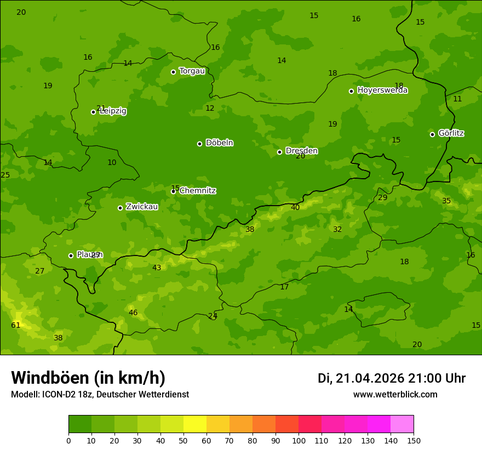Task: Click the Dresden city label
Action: [x=301, y=151]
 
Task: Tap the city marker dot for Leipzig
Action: [x=93, y=112]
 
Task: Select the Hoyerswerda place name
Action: [x=382, y=90]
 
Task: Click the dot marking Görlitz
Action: [x=432, y=134]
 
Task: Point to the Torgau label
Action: [x=192, y=71]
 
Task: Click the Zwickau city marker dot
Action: [x=120, y=208]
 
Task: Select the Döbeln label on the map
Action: [x=219, y=143]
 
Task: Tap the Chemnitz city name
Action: [x=197, y=191]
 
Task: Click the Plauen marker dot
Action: [x=71, y=255]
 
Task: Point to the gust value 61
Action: [x=16, y=326]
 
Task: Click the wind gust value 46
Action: [x=133, y=313]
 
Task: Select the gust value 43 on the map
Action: [x=157, y=268]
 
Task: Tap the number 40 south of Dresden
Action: [x=295, y=208]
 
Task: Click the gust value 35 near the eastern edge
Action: [x=446, y=201]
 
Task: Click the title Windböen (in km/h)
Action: [x=88, y=378]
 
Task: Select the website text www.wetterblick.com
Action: [x=395, y=395]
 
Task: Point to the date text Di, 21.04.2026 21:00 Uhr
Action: [x=391, y=378]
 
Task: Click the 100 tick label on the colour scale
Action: [x=299, y=440]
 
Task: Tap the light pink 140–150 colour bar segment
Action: [x=402, y=424]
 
